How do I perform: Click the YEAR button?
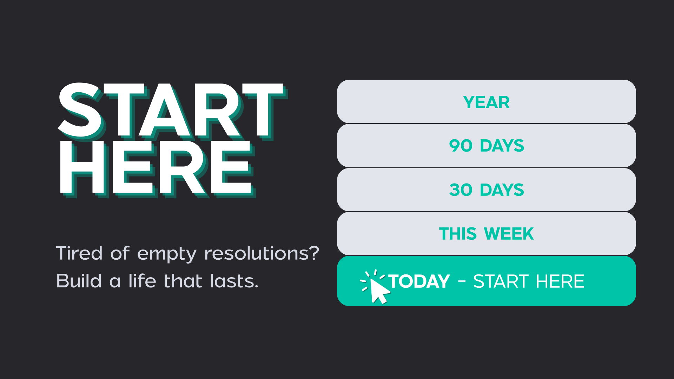pyautogui.click(x=486, y=102)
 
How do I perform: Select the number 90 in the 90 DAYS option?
pyautogui.click(x=461, y=146)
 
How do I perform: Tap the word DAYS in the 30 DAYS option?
pyautogui.click(x=502, y=190)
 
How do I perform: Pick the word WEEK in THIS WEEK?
pyautogui.click(x=509, y=234)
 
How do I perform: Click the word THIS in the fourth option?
pyautogui.click(x=458, y=234)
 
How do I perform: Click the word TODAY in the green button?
pyautogui.click(x=419, y=281)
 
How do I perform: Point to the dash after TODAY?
pyautogui.click(x=462, y=281)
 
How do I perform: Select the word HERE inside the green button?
pyautogui.click(x=560, y=281)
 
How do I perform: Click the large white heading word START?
pyautogui.click(x=172, y=111)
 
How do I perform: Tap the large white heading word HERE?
pyautogui.click(x=157, y=168)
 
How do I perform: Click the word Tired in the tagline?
pyautogui.click(x=79, y=253)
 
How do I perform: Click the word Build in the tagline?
pyautogui.click(x=79, y=281)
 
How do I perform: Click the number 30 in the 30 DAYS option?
pyautogui.click(x=461, y=190)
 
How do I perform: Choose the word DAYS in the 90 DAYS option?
pyautogui.click(x=502, y=146)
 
